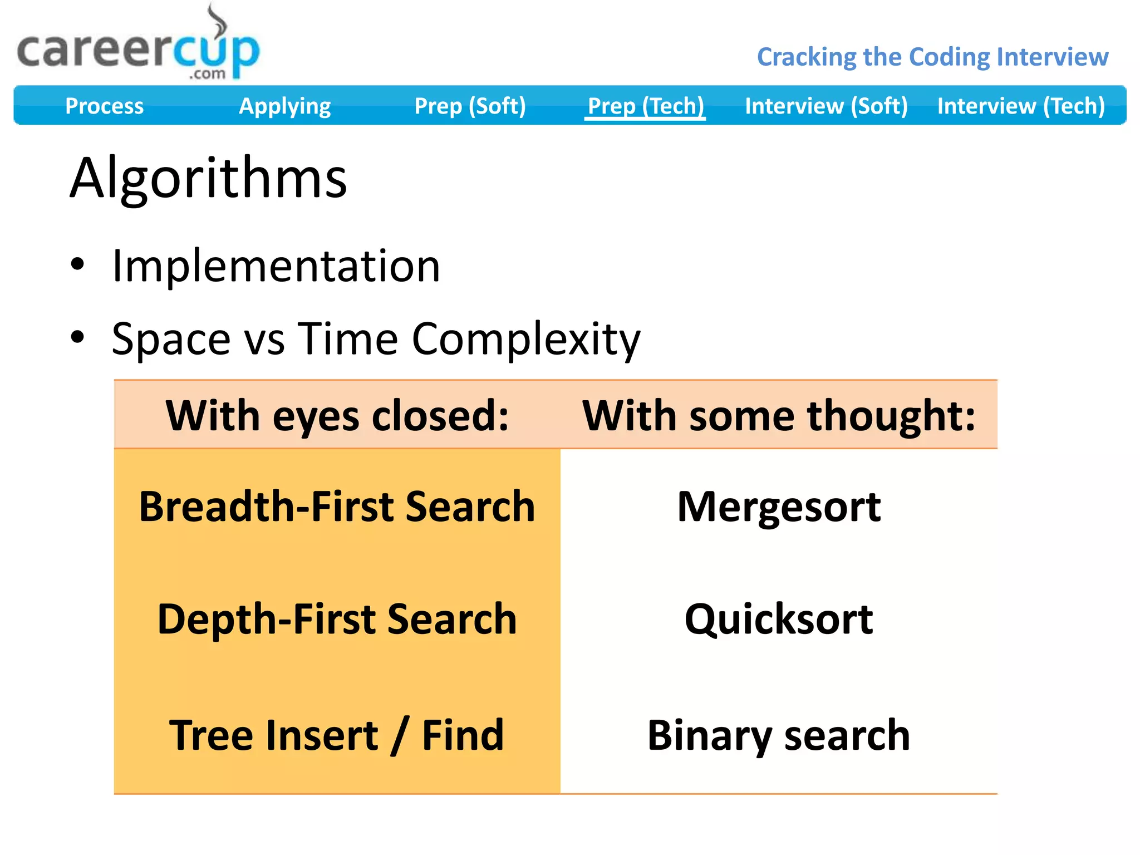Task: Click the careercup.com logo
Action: tap(138, 50)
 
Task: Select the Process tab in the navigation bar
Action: tap(104, 106)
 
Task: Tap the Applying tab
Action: tap(284, 106)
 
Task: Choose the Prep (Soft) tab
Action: tap(470, 106)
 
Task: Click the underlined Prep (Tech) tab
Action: tap(646, 106)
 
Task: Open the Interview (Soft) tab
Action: tap(826, 106)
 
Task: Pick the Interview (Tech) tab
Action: tap(1021, 106)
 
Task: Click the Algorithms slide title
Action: tap(208, 178)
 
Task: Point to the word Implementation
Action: tap(276, 266)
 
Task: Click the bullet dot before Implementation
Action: tap(77, 264)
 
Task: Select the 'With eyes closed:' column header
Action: tap(337, 415)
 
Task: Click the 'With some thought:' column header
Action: tap(779, 415)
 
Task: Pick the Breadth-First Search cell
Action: tap(337, 507)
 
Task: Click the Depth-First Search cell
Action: tap(337, 619)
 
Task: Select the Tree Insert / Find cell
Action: tap(337, 735)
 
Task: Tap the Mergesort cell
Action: tap(779, 507)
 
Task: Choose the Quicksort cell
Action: tap(779, 619)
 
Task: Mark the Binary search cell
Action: tap(779, 735)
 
